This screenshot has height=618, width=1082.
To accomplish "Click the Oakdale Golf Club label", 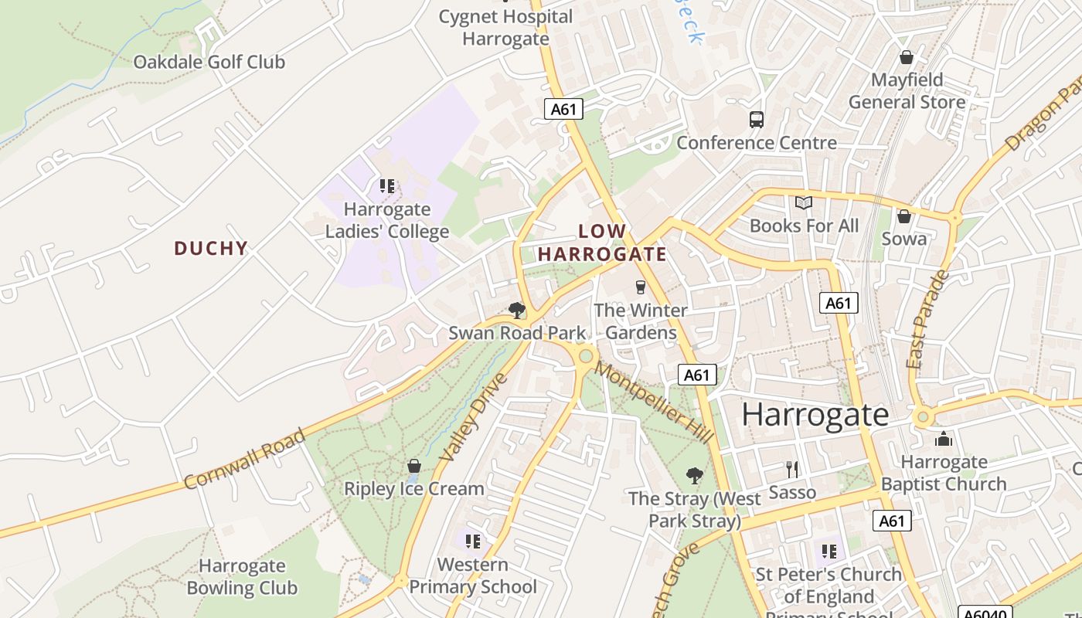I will tap(209, 62).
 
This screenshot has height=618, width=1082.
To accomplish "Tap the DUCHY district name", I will tap(211, 248).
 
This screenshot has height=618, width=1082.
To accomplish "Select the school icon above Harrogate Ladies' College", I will tap(387, 186).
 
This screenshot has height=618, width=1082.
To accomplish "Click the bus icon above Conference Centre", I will tap(757, 120).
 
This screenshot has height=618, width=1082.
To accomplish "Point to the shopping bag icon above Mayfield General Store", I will tap(907, 57).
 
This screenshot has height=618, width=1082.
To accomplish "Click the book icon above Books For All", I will tap(804, 202).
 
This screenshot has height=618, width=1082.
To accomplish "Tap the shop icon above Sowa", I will tap(903, 216).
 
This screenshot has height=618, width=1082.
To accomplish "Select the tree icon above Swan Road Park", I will tap(517, 311).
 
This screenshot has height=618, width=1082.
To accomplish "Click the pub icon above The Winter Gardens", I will tap(640, 287).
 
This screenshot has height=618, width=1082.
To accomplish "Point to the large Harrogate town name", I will tap(815, 415).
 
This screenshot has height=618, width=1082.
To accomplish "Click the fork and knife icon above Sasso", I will tap(792, 469).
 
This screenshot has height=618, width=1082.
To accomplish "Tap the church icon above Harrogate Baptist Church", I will tap(944, 440).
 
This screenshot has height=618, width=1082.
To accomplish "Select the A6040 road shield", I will tap(985, 612).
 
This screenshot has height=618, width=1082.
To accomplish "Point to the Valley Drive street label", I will tap(473, 418).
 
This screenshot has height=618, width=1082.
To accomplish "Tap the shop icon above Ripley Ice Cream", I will tap(414, 466).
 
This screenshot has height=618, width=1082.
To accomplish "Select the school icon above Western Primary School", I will tap(473, 541).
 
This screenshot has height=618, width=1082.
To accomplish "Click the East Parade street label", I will tap(927, 319).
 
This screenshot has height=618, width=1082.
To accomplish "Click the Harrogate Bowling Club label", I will tap(242, 577).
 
